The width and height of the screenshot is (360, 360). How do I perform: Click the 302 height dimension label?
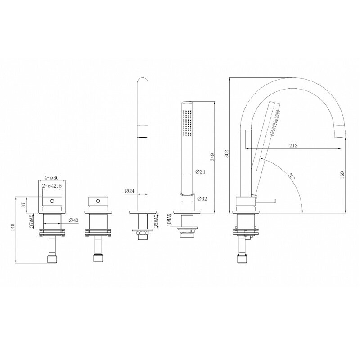coord(226,153)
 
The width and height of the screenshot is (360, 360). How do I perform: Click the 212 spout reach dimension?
coord(293,145)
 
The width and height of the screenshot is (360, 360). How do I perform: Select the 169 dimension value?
coord(342,175)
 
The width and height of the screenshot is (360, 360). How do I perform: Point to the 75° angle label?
coord(292,176)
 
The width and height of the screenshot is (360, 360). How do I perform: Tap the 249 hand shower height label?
coord(212,157)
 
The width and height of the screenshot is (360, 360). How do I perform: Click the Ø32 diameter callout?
coord(202,198)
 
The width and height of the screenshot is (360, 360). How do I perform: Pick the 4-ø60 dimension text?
coord(52,178)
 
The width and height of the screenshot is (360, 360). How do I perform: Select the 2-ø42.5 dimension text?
coord(52,186)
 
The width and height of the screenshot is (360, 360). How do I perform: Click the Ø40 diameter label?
coord(73,220)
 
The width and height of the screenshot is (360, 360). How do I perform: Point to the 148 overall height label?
coord(13,228)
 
